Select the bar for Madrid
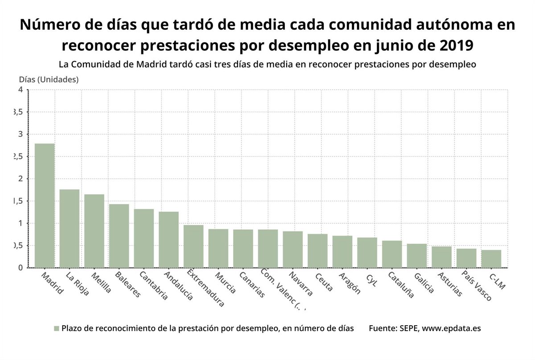pyautogui.click(x=45, y=205)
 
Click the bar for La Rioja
pyautogui.click(x=70, y=229)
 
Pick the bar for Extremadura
pyautogui.click(x=193, y=246)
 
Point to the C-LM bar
pyautogui.click(x=491, y=259)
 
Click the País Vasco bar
pyautogui.click(x=466, y=258)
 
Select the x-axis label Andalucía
pyautogui.click(x=177, y=286)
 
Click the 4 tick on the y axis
pyautogui.click(x=20, y=90)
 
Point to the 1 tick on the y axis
pyautogui.click(x=20, y=223)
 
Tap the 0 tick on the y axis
pyautogui.click(x=20, y=268)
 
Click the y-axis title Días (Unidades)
pyautogui.click(x=49, y=79)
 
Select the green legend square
pyautogui.click(x=56, y=329)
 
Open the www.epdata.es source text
pyautogui.click(x=451, y=328)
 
